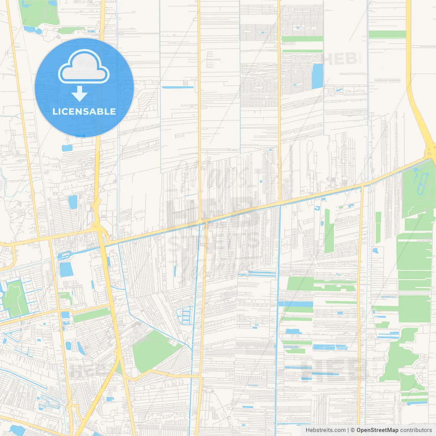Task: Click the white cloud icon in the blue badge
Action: pyautogui.click(x=84, y=67)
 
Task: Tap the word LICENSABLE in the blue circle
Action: pyautogui.click(x=84, y=111)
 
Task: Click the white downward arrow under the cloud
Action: pyautogui.click(x=79, y=94)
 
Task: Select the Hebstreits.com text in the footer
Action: pyautogui.click(x=325, y=430)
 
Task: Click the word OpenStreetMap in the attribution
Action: pyautogui.click(x=377, y=430)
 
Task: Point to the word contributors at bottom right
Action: pyautogui.click(x=416, y=430)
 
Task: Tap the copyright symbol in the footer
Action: pyautogui.click(x=353, y=430)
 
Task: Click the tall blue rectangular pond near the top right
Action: pyautogui.click(x=317, y=76)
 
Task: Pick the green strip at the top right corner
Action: pyautogui.click(x=387, y=34)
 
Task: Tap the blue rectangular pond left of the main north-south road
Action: pyautogui.click(x=66, y=269)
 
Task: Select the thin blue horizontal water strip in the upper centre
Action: pyautogui.click(x=178, y=88)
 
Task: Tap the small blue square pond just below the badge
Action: pyautogui.click(x=67, y=148)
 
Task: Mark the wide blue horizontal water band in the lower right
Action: pyautogui.click(x=296, y=304)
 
